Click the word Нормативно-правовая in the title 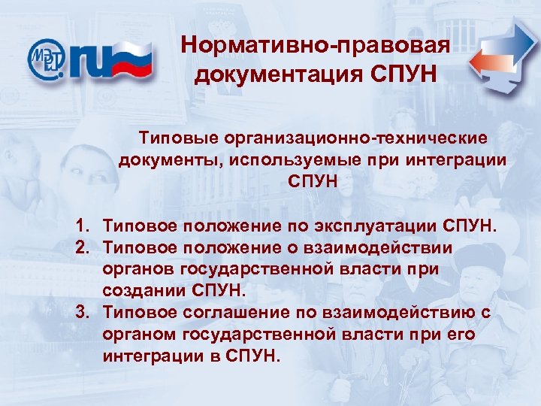pyautogui.click(x=316, y=46)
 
